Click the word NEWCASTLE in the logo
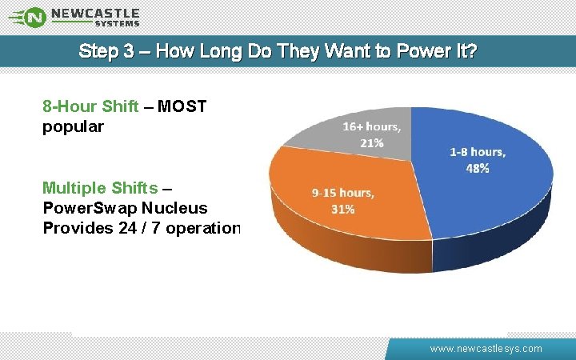click(95, 13)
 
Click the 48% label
click(478, 169)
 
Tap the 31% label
click(343, 210)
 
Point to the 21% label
click(371, 143)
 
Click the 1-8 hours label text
click(478, 152)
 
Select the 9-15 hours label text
click(343, 193)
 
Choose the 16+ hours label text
click(372, 126)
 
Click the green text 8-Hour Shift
click(90, 106)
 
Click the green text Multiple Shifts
click(100, 189)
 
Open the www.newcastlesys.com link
click(486, 349)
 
